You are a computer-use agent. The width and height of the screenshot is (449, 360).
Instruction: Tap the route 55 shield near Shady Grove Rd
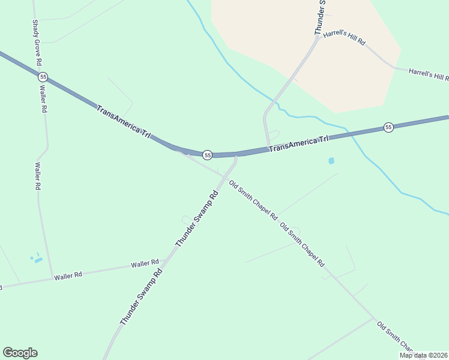point(43,77)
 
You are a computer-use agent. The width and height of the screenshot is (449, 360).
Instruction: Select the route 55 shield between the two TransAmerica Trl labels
point(207,155)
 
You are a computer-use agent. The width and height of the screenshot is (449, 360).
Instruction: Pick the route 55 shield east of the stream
point(388,127)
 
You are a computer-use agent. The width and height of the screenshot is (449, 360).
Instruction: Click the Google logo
point(20,353)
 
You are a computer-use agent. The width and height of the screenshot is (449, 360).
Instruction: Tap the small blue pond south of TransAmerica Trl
point(331,161)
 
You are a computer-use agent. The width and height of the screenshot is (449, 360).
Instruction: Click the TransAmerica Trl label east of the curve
point(299,143)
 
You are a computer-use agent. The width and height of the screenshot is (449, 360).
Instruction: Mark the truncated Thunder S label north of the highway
point(320,17)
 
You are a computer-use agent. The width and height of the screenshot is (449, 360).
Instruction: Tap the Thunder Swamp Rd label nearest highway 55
point(196,218)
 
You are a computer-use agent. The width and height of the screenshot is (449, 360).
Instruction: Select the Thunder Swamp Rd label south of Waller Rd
point(142,296)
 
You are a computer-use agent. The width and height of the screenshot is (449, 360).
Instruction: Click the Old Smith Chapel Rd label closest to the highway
point(253,199)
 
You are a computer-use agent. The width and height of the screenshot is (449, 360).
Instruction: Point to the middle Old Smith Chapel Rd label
point(302,244)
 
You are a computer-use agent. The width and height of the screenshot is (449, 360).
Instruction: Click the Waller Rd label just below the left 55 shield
point(43,99)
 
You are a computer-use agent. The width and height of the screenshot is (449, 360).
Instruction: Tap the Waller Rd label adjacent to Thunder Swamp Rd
point(145,263)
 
